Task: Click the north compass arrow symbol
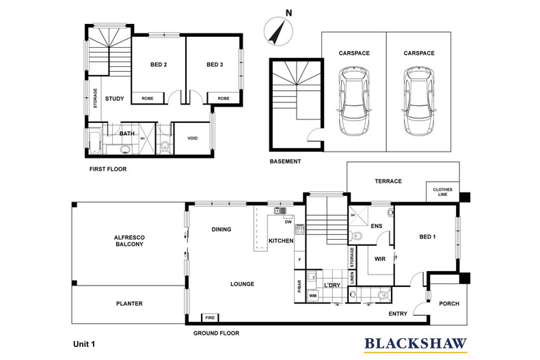click(x=278, y=32)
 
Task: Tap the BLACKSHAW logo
click(x=416, y=345)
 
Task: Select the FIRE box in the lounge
click(x=210, y=318)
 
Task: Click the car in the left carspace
click(x=354, y=101)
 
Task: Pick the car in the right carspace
click(x=419, y=101)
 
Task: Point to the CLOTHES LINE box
click(x=443, y=192)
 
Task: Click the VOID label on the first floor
click(x=193, y=139)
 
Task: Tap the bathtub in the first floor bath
click(x=95, y=141)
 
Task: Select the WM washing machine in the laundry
click(x=312, y=296)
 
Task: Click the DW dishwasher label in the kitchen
click(x=288, y=222)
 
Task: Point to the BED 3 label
click(x=215, y=64)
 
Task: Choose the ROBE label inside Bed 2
click(x=148, y=98)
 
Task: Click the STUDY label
click(x=114, y=99)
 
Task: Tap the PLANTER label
click(x=129, y=303)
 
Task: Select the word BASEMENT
click(x=285, y=161)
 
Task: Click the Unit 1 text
click(x=84, y=344)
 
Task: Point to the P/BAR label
click(x=299, y=286)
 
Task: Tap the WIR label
click(x=380, y=259)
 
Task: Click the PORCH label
click(x=449, y=303)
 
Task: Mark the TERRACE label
click(x=388, y=181)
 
